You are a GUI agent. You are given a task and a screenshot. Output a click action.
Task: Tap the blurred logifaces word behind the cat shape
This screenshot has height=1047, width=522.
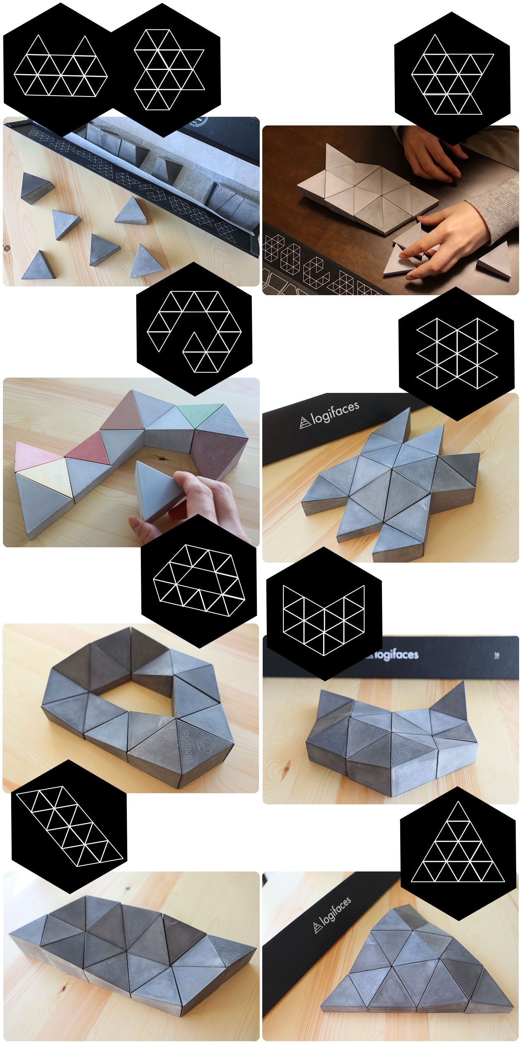click(396, 655)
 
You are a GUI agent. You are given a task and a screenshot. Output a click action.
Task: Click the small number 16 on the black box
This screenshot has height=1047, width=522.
click(497, 655)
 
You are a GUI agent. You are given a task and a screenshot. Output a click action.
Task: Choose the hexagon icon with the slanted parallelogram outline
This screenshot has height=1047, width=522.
click(69, 826)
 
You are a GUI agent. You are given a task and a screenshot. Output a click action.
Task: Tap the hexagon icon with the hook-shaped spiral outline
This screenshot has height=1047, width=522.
click(194, 329)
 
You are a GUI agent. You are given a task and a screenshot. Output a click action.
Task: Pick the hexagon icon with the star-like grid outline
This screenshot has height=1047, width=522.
click(456, 354)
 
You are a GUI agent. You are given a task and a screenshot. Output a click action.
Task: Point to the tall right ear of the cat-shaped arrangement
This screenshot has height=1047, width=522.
click(454, 700)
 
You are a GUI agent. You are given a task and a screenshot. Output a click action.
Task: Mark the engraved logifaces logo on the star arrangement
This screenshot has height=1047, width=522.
click(416, 474)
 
